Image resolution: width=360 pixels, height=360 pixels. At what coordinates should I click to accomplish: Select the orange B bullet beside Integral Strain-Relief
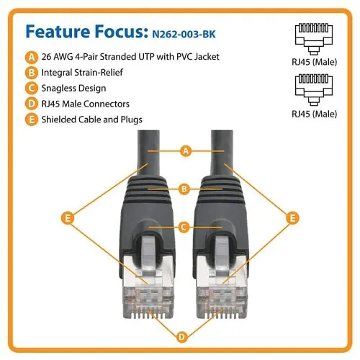click(30, 73)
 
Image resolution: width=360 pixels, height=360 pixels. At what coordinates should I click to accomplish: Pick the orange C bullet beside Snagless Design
click(30, 88)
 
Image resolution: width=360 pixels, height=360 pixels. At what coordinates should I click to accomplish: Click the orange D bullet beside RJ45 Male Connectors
click(30, 104)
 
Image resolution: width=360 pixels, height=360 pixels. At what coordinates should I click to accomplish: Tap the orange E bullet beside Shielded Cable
click(30, 119)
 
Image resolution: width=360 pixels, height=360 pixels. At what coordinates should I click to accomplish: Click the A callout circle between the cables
click(184, 151)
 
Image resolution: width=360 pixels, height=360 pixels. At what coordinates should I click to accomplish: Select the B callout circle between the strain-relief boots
click(184, 189)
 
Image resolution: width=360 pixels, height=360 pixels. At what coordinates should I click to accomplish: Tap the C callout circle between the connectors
click(184, 228)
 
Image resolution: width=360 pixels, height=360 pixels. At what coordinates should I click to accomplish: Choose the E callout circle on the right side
click(292, 216)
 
